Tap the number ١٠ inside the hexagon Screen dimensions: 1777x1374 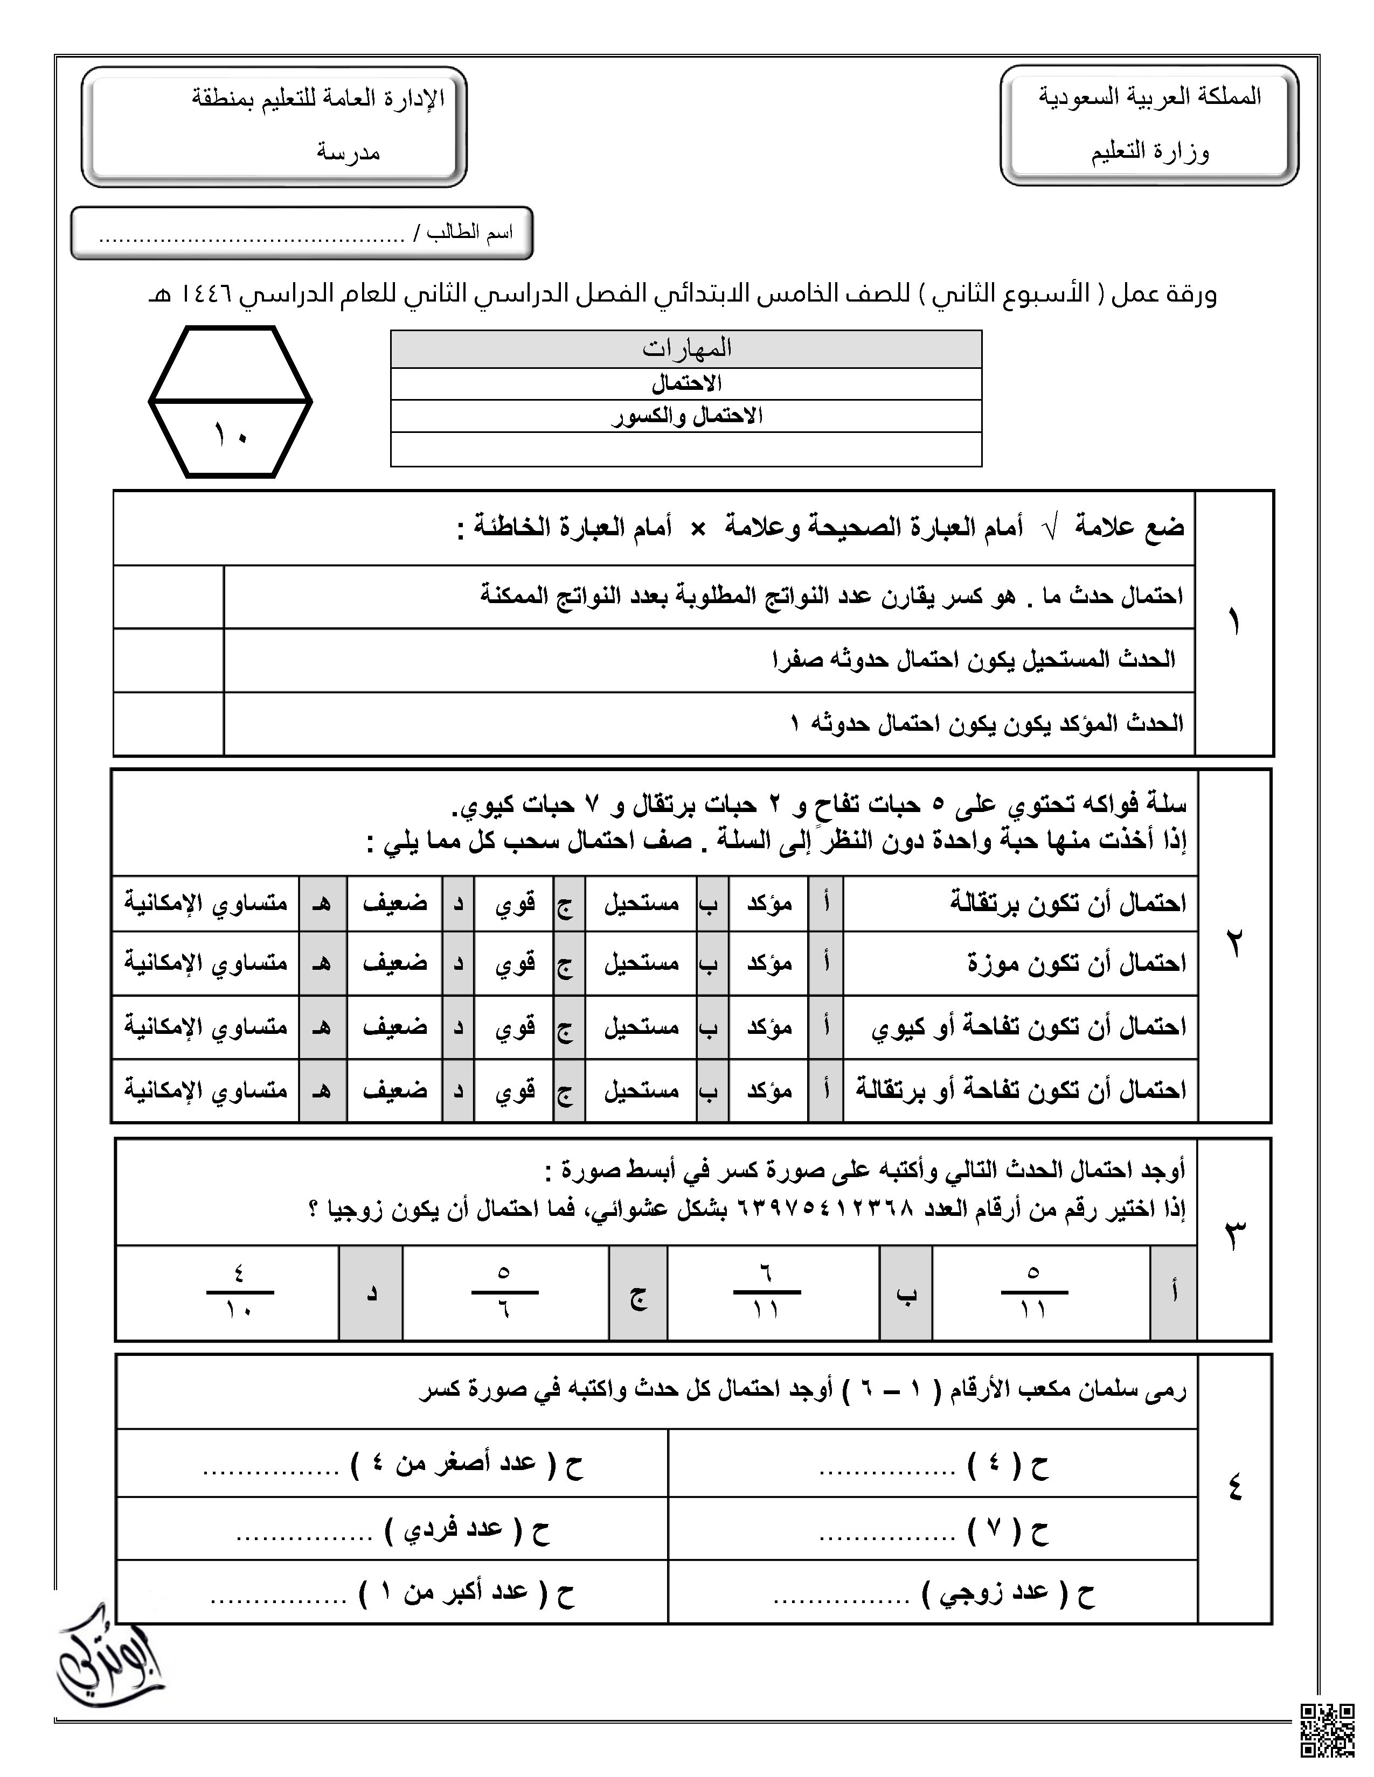click(x=231, y=435)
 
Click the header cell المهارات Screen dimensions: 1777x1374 click(x=686, y=349)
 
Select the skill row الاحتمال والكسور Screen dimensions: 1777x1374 click(x=686, y=416)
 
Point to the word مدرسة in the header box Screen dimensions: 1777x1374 click(x=349, y=152)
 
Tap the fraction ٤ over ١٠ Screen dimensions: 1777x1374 click(x=239, y=1291)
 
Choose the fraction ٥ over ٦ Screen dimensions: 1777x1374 click(x=504, y=1291)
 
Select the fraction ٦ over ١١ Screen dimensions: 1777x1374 click(x=766, y=1291)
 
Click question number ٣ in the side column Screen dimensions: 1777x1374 click(x=1234, y=1237)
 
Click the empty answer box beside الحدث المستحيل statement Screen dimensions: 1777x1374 click(x=169, y=660)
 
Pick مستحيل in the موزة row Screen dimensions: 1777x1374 click(x=641, y=963)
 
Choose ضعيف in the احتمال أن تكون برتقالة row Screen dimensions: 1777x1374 click(x=395, y=903)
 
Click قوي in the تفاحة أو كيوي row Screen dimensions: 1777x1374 click(x=515, y=1027)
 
